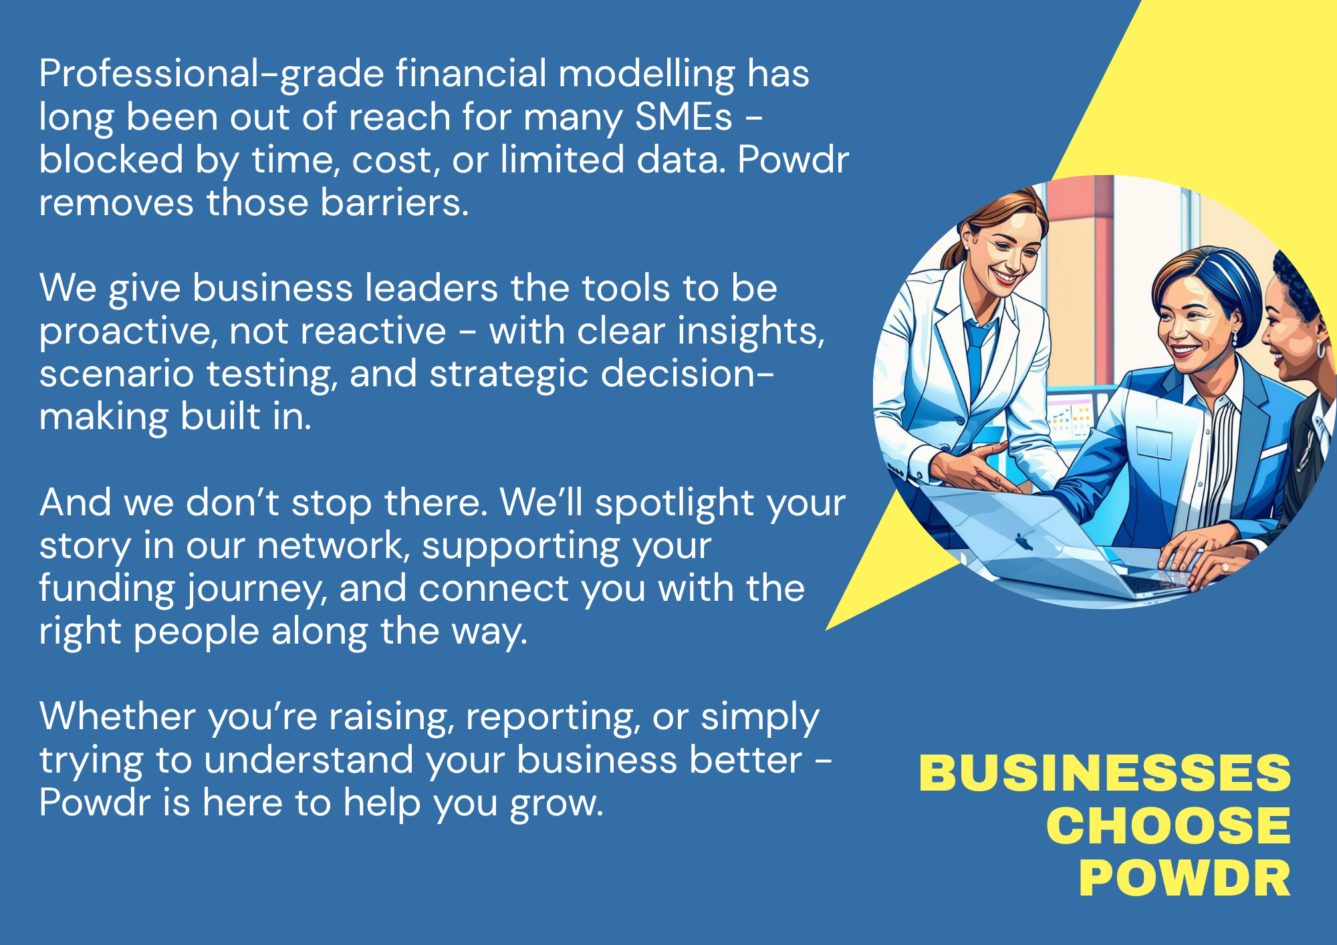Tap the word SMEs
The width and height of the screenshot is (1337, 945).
[x=684, y=117]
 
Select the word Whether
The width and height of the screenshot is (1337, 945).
[x=117, y=716]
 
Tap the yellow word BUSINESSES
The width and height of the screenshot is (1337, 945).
[x=1105, y=773]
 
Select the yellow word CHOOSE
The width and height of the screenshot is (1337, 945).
[x=1169, y=826]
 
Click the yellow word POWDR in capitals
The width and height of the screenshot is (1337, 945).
[x=1185, y=878]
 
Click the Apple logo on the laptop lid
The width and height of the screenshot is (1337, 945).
[x=1023, y=541]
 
